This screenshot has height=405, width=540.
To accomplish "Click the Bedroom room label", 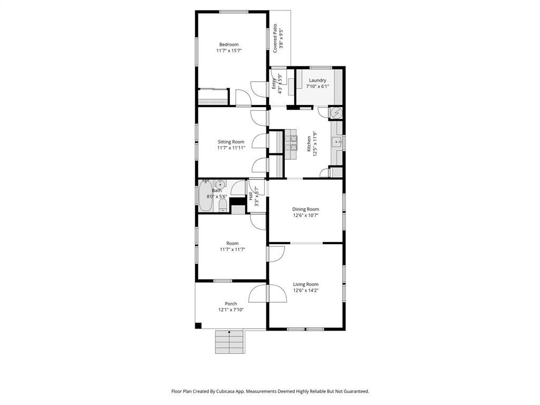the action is click(229, 44).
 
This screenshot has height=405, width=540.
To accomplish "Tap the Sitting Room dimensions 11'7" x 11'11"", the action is click(231, 148).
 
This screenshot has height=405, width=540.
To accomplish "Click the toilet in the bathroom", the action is click(223, 205).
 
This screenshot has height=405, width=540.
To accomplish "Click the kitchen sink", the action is click(337, 141).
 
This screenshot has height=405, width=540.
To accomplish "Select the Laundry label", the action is click(317, 80).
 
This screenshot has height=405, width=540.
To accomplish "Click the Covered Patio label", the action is click(275, 38).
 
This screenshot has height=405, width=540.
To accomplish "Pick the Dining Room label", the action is click(306, 209).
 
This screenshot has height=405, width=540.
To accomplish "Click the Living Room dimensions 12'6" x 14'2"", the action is click(306, 291).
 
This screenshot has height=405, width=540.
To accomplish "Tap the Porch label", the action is click(231, 303).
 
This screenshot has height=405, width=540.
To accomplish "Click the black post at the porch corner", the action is click(198, 325).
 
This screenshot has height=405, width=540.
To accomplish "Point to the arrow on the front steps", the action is click(229, 333).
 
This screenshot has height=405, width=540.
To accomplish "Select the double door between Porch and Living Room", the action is click(267, 294).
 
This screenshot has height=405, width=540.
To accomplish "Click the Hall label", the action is click(250, 196).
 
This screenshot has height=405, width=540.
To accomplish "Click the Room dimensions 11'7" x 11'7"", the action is click(233, 249).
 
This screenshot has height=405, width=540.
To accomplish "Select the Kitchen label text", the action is click(309, 143).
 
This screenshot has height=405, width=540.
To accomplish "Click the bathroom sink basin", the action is click(220, 184).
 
